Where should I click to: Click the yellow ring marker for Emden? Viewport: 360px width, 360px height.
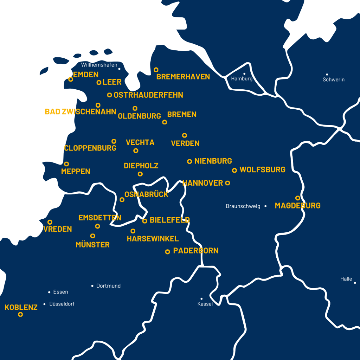(x=71, y=79)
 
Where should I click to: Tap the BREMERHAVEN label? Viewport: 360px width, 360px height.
(x=183, y=77)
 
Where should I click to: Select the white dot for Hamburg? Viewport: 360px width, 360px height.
(x=244, y=74)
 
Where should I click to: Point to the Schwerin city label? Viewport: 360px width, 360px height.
(x=334, y=80)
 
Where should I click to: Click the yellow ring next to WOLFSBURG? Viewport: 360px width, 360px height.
(x=234, y=171)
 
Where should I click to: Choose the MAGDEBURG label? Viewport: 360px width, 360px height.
(x=297, y=206)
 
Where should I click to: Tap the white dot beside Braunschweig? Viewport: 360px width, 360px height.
(x=265, y=206)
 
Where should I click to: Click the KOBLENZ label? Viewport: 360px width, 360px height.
(x=21, y=307)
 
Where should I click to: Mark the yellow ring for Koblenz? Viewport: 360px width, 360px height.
(x=20, y=314)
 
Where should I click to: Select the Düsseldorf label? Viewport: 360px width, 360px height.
(x=62, y=304)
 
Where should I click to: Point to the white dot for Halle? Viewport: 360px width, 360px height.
(x=355, y=283)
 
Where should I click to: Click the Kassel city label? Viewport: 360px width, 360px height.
(x=205, y=304)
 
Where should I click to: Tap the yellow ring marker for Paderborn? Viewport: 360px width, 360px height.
(x=168, y=252)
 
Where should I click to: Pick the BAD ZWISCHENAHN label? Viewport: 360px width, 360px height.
(x=81, y=112)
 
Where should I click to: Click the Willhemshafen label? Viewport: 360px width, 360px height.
(x=99, y=65)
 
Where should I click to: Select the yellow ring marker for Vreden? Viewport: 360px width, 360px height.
(x=50, y=222)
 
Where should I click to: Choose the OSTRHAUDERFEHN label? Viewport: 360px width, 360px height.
(x=148, y=95)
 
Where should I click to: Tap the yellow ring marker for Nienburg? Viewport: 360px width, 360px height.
(x=189, y=161)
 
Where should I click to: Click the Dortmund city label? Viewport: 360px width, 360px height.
(x=108, y=286)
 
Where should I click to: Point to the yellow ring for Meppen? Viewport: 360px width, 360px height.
(x=66, y=164)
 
